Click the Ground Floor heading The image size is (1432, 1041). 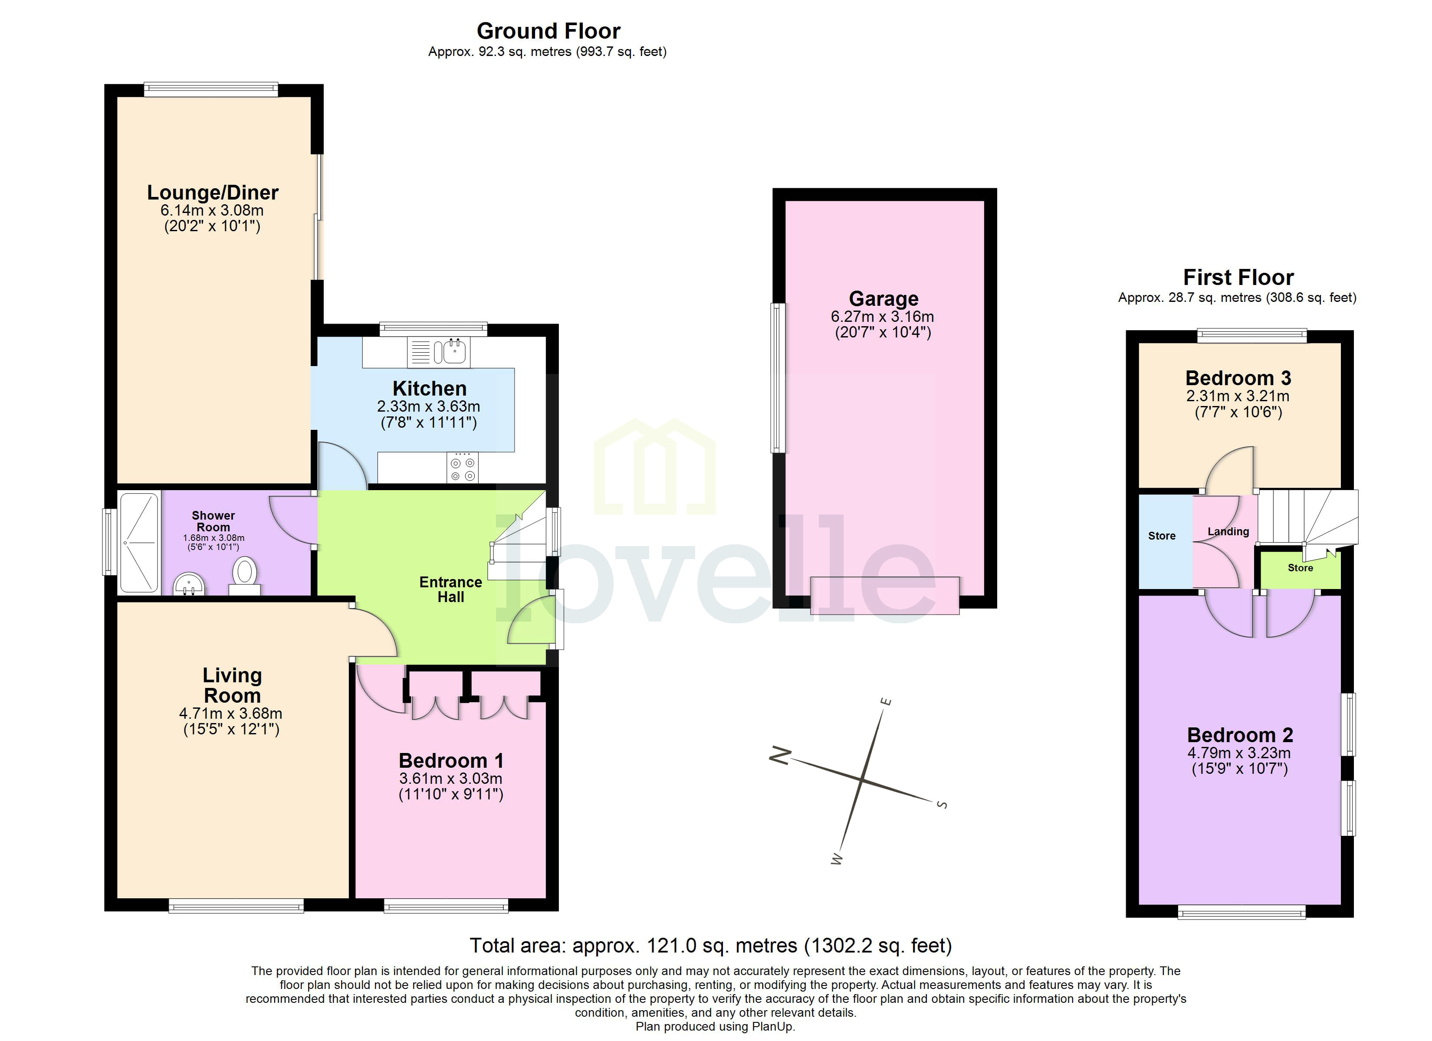click(x=548, y=31)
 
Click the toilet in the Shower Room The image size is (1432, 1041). click(x=244, y=573)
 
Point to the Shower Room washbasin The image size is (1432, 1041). click(x=189, y=583)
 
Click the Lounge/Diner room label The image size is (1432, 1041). click(x=213, y=193)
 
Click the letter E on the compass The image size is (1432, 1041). click(x=886, y=702)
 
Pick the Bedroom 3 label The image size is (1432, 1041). click(x=1238, y=378)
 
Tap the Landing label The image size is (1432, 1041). click(x=1228, y=531)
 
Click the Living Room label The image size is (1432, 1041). click(x=232, y=685)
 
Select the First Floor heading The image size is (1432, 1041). click(x=1238, y=277)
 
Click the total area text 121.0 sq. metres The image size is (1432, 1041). click(x=710, y=946)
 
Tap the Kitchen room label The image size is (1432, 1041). click(x=429, y=388)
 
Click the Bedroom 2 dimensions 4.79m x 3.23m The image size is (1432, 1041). click(x=1239, y=753)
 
